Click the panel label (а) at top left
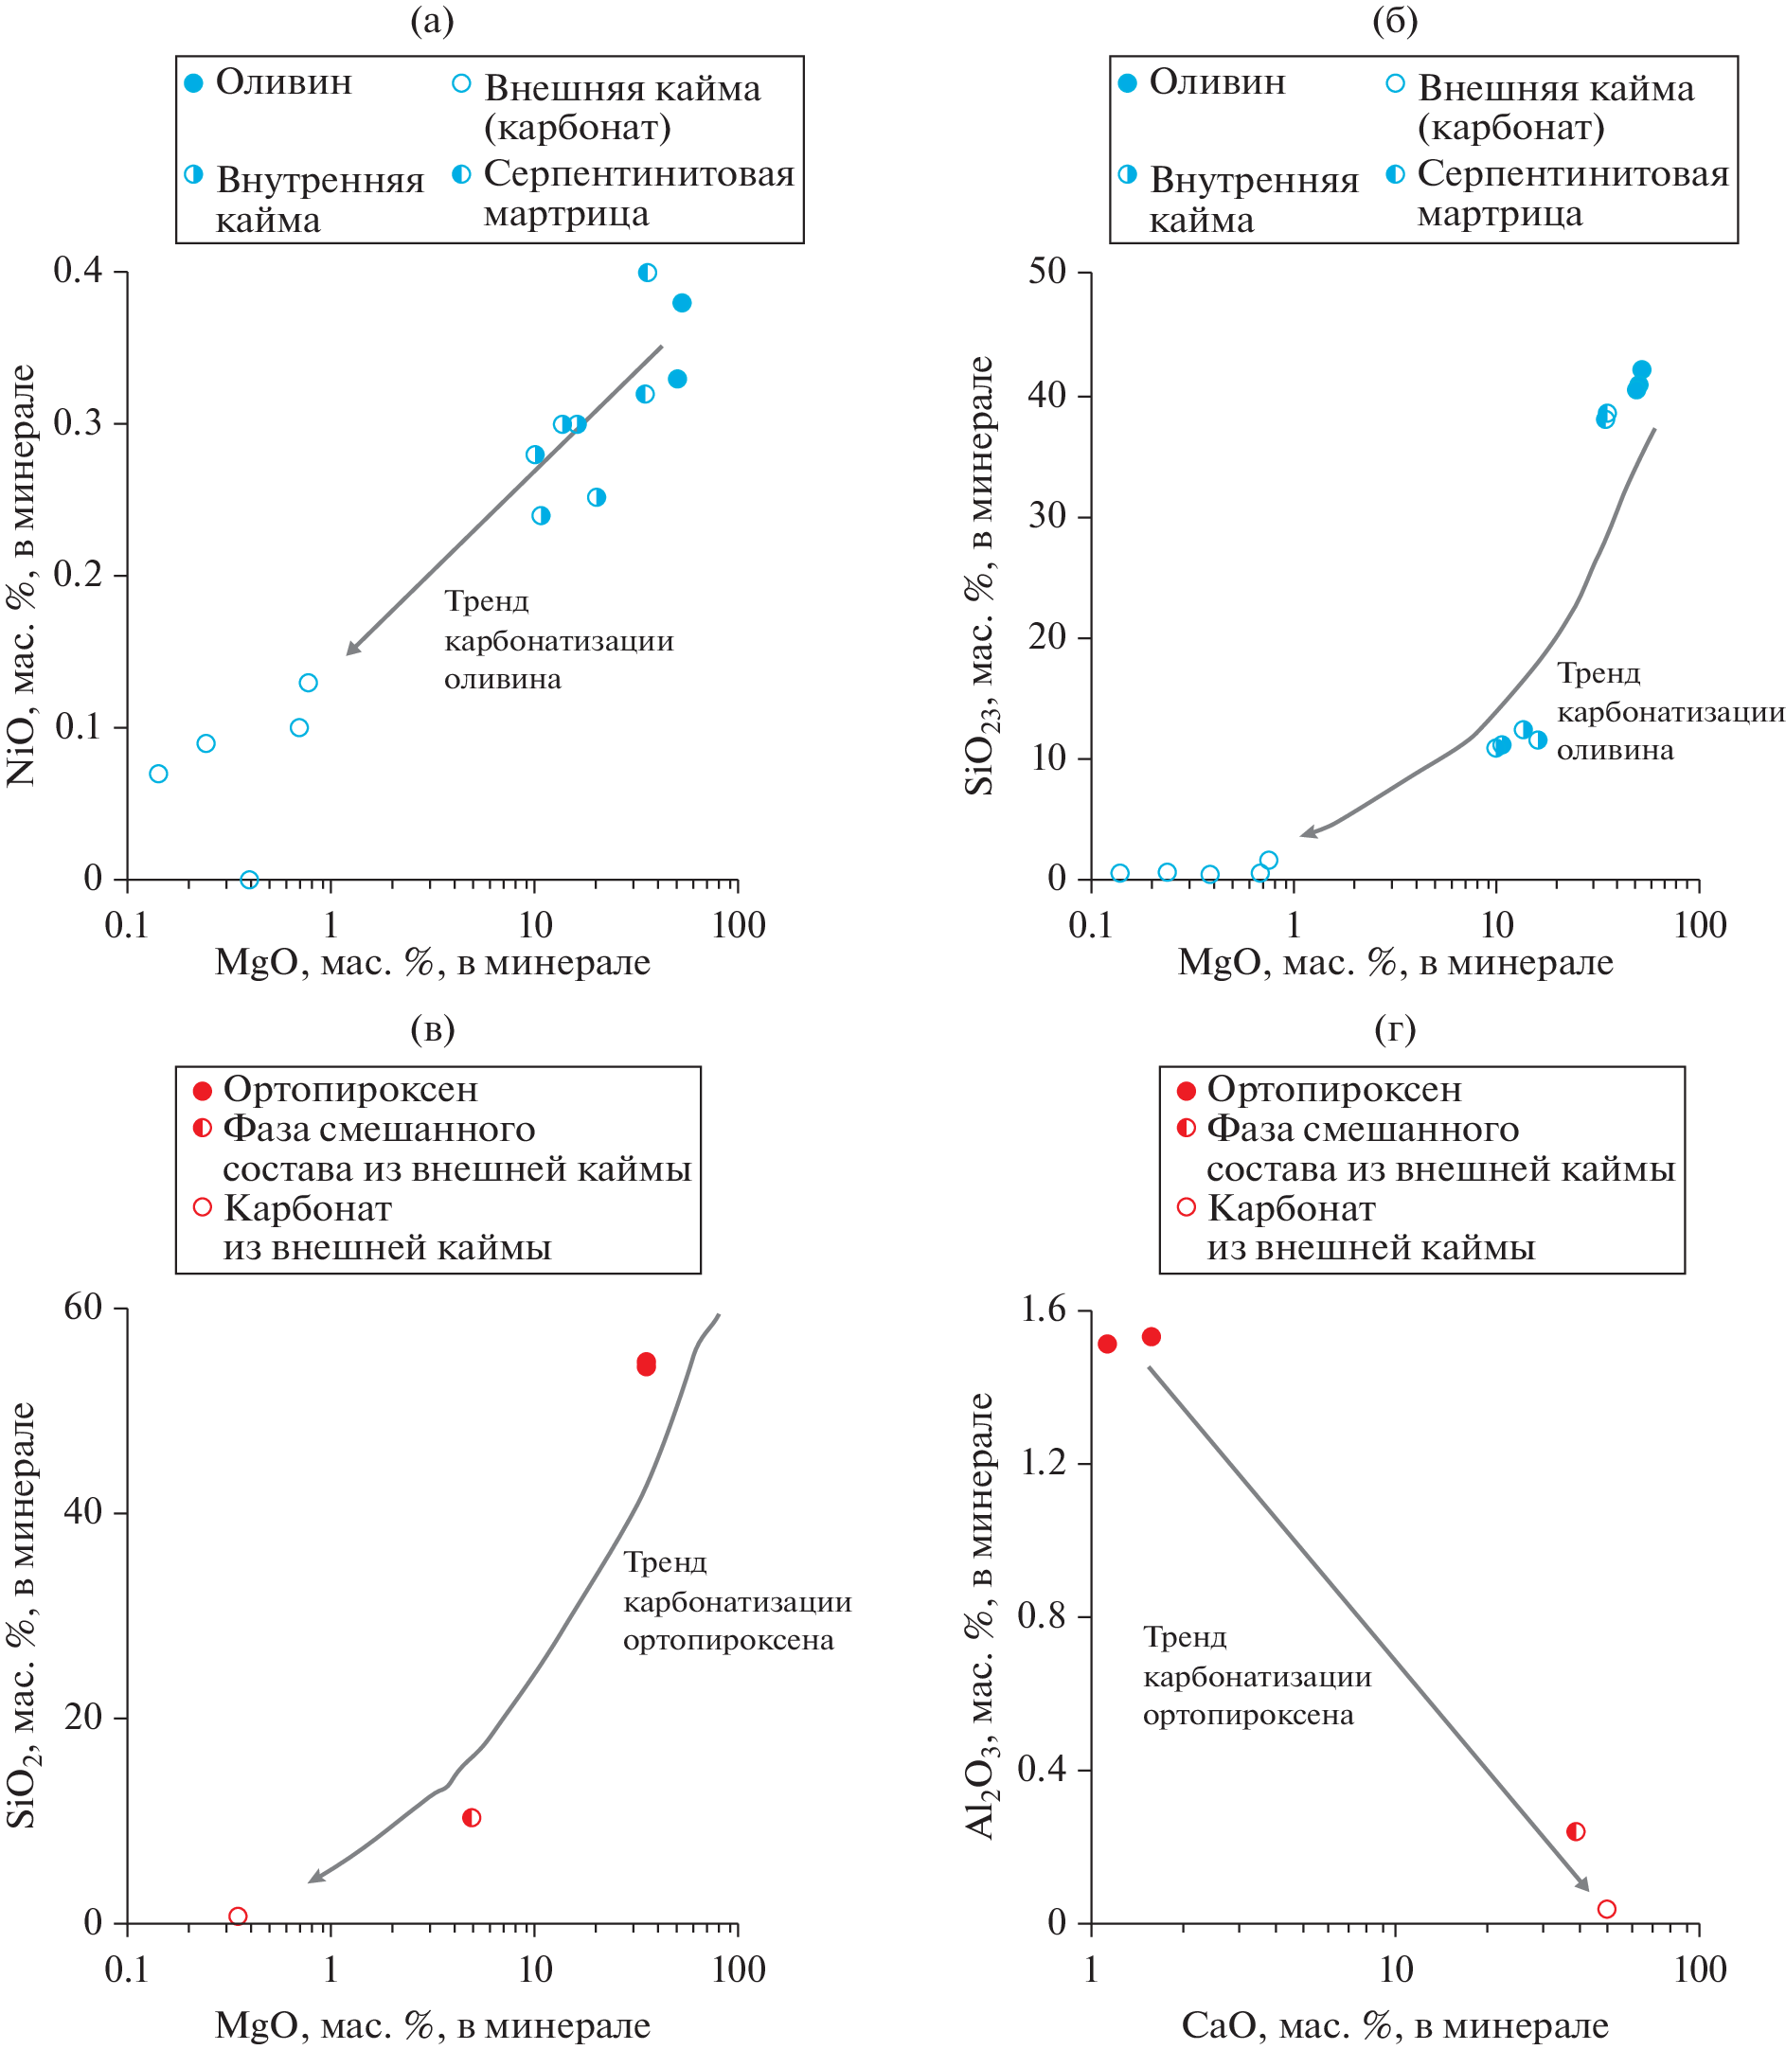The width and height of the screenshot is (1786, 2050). [432, 20]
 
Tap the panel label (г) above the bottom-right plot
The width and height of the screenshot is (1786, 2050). [1394, 1028]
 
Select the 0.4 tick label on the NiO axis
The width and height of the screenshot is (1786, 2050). [78, 270]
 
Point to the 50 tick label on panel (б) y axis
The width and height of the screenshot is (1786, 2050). [1046, 271]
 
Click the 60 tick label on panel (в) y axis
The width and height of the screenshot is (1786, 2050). [83, 1307]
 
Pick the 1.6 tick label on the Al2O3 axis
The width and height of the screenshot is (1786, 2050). [1044, 1309]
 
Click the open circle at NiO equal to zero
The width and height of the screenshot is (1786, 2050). [249, 880]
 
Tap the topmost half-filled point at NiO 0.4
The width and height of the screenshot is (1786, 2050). [648, 272]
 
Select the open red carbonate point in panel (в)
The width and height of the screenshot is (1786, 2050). [237, 1916]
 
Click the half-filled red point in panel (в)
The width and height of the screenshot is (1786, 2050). [472, 1818]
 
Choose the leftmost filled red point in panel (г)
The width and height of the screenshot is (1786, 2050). [1107, 1345]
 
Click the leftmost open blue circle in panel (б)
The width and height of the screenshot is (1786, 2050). [1120, 873]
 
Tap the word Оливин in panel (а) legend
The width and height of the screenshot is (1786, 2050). [284, 82]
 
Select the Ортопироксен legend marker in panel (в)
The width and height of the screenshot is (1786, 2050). [203, 1090]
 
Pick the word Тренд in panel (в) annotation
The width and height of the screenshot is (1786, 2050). [665, 1561]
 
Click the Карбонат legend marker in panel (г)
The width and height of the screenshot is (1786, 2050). [1186, 1208]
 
